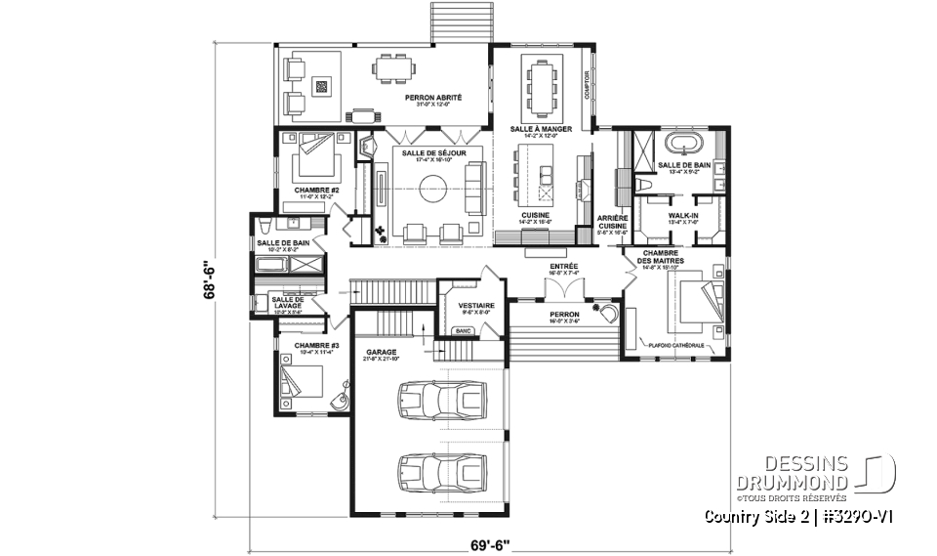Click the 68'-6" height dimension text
[207, 282]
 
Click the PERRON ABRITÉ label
[433, 99]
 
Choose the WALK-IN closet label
[682, 214]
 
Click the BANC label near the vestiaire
[464, 331]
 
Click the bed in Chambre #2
[315, 147]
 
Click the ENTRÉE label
[564, 266]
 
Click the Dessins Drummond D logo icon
[880, 474]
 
